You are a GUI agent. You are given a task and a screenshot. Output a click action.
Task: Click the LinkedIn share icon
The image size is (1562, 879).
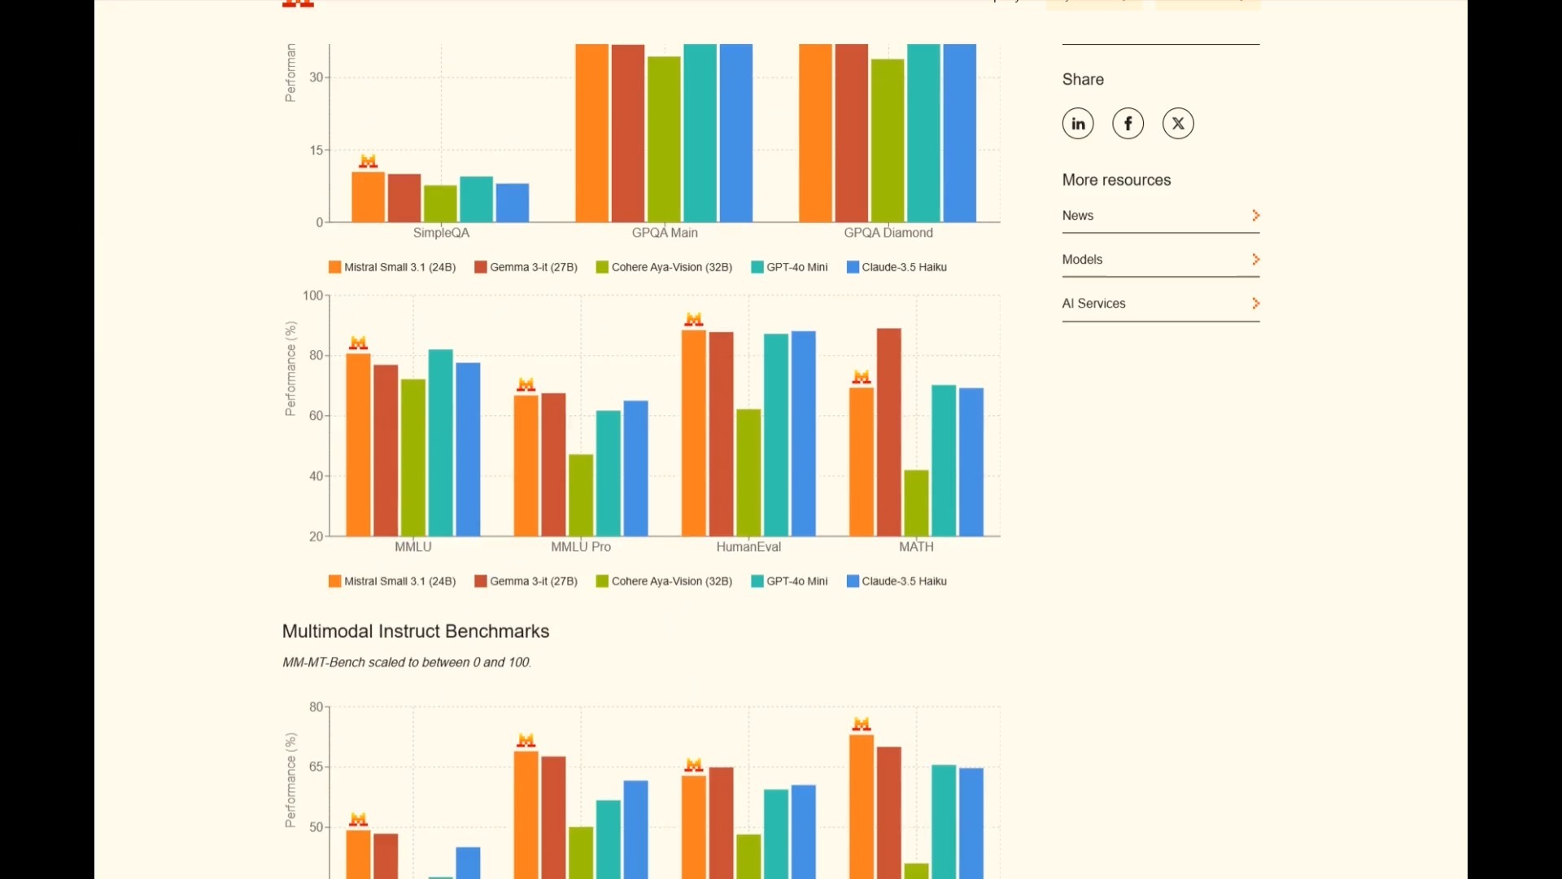(1078, 124)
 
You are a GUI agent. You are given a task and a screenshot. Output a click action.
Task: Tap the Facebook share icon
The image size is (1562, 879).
(1128, 124)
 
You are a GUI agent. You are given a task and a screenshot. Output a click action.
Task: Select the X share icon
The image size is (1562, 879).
(1178, 124)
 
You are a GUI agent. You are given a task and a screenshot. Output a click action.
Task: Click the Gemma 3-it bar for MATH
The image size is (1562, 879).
(889, 431)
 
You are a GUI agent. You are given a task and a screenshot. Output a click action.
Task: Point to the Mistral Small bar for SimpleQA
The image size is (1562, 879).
(368, 197)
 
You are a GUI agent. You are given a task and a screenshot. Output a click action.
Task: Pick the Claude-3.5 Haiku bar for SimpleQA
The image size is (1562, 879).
(513, 203)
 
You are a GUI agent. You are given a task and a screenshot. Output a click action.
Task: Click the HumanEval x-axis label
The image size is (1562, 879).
(748, 547)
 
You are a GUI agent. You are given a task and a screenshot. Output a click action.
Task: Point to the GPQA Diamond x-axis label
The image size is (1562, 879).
(888, 233)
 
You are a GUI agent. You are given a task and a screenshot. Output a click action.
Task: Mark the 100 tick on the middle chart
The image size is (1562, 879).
(312, 295)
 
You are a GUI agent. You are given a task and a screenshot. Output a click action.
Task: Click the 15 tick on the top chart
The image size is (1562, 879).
(316, 151)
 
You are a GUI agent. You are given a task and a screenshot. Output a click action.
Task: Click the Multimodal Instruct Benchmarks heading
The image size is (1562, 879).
(416, 632)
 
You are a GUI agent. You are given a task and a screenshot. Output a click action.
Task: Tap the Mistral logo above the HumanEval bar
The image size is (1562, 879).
(694, 319)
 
